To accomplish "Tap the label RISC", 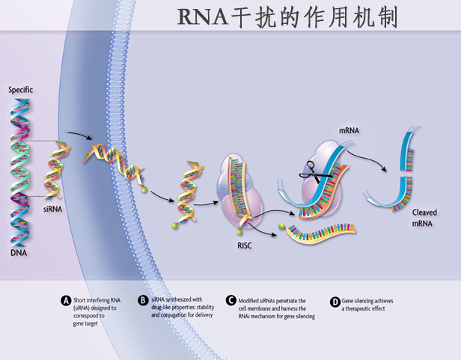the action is click(x=245, y=245).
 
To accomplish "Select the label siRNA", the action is click(x=52, y=209).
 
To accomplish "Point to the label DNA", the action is click(x=19, y=253).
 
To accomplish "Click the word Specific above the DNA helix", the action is click(x=21, y=90).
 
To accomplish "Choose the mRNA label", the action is click(x=349, y=130).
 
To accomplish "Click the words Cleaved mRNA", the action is click(x=424, y=218).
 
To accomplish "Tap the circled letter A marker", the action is click(x=66, y=301).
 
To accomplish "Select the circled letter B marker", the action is click(x=143, y=300).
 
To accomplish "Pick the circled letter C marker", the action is click(x=231, y=300).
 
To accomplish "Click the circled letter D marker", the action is click(x=335, y=302).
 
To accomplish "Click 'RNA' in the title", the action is click(x=203, y=17).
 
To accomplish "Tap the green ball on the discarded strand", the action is click(x=281, y=227).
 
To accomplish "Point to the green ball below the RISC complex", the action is click(x=239, y=232).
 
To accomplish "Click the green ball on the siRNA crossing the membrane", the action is click(x=144, y=189).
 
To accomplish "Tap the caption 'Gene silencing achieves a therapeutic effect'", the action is click(x=367, y=305).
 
